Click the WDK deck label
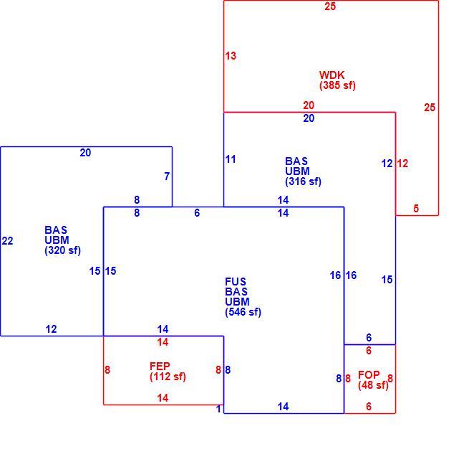(332, 75)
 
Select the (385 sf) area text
(337, 85)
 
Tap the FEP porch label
(160, 366)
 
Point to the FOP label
(369, 375)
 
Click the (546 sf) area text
(243, 312)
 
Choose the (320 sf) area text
(62, 250)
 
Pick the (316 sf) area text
(303, 181)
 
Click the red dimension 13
(231, 56)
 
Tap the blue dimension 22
(8, 241)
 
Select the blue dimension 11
(231, 159)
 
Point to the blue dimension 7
(167, 176)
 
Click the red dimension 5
(416, 208)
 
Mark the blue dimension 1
(219, 409)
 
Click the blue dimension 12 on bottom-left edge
(51, 329)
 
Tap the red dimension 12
(402, 164)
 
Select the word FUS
(236, 282)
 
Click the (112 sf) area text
(168, 377)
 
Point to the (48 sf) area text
(373, 385)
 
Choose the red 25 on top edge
(330, 6)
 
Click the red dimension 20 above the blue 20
(309, 105)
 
